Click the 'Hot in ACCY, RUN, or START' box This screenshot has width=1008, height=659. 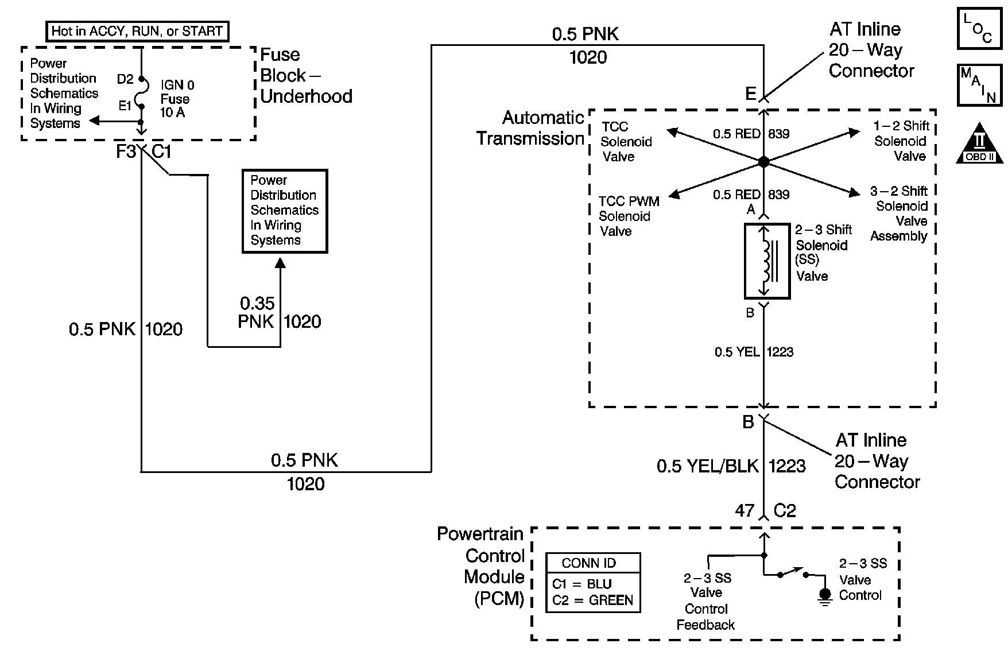pyautogui.click(x=137, y=31)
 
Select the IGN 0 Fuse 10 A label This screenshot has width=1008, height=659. pyautogui.click(x=177, y=99)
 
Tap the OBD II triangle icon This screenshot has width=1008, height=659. pyautogui.click(x=980, y=144)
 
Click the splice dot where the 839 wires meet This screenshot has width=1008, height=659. pyautogui.click(x=763, y=162)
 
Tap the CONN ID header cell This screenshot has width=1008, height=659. pyautogui.click(x=592, y=563)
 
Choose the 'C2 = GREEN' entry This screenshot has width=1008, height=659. pyautogui.click(x=592, y=600)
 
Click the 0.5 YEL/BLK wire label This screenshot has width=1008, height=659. pyautogui.click(x=707, y=466)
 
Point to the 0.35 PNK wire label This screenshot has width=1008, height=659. pyautogui.click(x=257, y=312)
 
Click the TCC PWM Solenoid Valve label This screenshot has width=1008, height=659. pyautogui.click(x=628, y=216)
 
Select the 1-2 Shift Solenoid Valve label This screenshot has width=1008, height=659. pyautogui.click(x=901, y=141)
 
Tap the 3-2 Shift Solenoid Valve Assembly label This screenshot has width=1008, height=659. pyautogui.click(x=899, y=214)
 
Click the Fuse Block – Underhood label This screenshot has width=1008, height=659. pyautogui.click(x=305, y=76)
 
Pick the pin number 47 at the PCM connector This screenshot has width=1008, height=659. pyautogui.click(x=745, y=510)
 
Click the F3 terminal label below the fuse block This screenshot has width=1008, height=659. pyautogui.click(x=126, y=152)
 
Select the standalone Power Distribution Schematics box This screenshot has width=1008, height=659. pyautogui.click(x=285, y=211)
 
